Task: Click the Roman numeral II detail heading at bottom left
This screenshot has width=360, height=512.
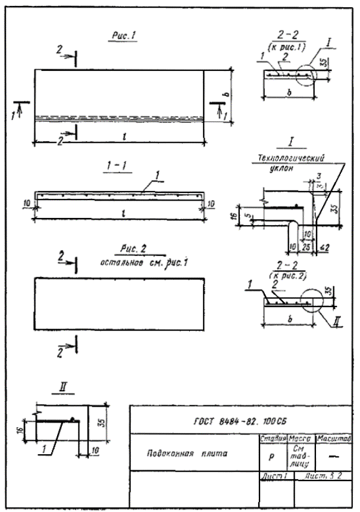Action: pos(64,388)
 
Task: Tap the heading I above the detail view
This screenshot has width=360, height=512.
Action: pos(292,144)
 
